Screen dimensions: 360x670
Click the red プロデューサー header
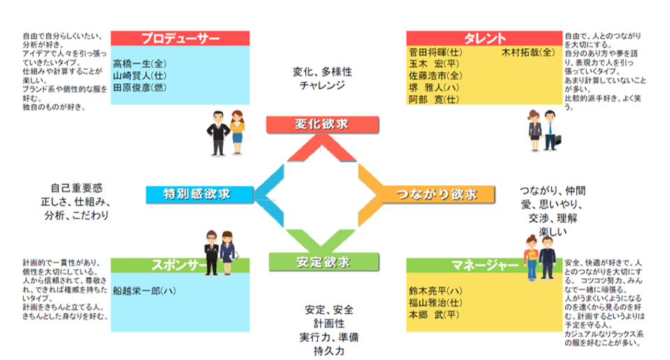click(180, 38)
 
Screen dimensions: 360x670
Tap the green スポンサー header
click(180, 265)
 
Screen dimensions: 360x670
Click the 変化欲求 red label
click(322, 124)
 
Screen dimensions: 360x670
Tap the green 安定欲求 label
click(323, 262)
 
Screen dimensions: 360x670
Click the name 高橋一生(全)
click(139, 63)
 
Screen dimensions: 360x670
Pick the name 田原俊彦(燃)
click(139, 88)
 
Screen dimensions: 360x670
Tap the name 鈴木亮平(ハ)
click(435, 289)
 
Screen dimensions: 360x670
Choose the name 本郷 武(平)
click(433, 315)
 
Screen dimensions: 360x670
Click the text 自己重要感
click(76, 189)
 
